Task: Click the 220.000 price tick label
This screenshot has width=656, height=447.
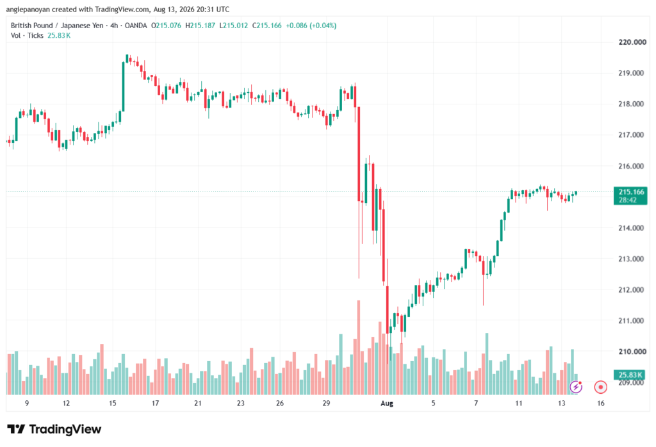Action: [x=632, y=42]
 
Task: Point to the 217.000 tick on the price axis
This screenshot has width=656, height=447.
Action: [x=631, y=134]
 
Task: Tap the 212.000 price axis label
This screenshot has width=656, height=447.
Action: [x=631, y=289]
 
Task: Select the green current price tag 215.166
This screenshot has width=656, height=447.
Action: [x=630, y=196]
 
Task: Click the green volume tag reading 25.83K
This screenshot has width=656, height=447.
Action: [x=630, y=374]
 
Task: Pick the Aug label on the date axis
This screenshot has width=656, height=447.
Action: [x=387, y=403]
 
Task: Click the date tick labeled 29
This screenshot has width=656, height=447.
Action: [x=326, y=403]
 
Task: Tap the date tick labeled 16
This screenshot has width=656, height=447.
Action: [x=601, y=403]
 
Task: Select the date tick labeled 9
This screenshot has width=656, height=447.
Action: [x=27, y=403]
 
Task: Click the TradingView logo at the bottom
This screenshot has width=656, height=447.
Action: [x=54, y=429]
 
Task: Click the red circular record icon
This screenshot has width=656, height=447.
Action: [x=600, y=387]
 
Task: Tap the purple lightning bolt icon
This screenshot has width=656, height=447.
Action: [x=576, y=387]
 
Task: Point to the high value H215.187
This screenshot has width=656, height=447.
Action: [x=200, y=26]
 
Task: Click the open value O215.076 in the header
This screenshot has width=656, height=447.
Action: [x=166, y=26]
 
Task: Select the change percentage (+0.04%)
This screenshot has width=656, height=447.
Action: [x=323, y=26]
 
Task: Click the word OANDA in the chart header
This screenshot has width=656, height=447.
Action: [x=136, y=26]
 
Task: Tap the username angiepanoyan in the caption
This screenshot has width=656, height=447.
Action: [x=28, y=9]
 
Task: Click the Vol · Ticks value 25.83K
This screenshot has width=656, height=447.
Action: [x=59, y=36]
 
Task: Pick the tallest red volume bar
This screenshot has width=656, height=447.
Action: [x=359, y=348]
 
